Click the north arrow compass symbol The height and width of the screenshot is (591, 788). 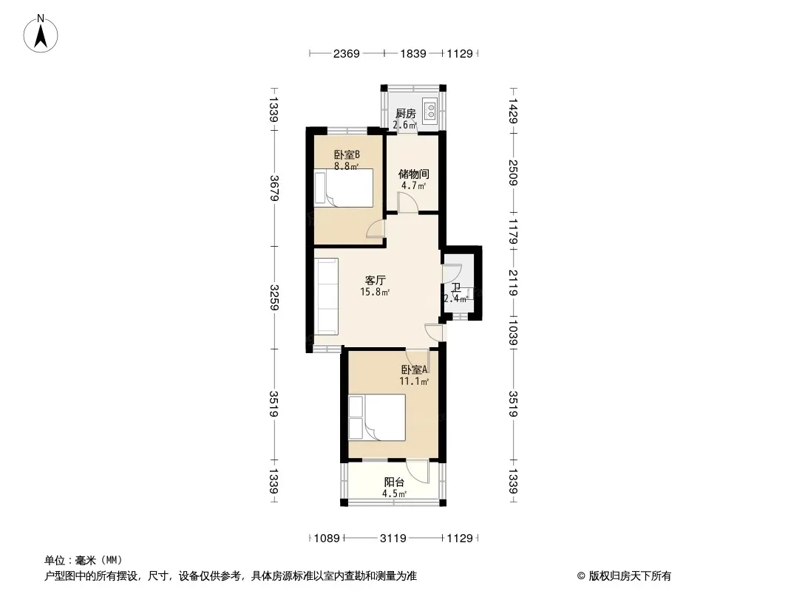coord(41,34)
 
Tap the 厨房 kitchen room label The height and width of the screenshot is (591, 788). coord(406,114)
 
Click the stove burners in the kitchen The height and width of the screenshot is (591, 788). coord(431,111)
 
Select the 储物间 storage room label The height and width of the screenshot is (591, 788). coord(414,174)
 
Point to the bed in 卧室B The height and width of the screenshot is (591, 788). coord(344,188)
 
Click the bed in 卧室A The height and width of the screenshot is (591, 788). coord(377,417)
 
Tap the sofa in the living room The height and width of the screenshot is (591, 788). coord(327,296)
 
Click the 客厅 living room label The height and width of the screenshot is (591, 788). coord(375,280)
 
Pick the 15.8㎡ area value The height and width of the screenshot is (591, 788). coord(375,292)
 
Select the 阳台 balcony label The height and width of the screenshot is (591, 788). coord(395,482)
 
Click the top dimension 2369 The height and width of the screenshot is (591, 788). coord(346,53)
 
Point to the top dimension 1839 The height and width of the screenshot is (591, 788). coord(413,53)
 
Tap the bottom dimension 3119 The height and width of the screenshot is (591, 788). coord(393,539)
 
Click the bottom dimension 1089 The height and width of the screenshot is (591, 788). coord(327,539)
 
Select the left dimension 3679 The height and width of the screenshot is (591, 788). coord(274,188)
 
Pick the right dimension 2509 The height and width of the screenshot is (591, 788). coord(513,172)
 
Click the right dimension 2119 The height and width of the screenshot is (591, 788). coord(513,283)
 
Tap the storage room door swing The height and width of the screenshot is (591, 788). coord(407,202)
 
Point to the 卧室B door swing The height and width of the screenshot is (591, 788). coord(376,229)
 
